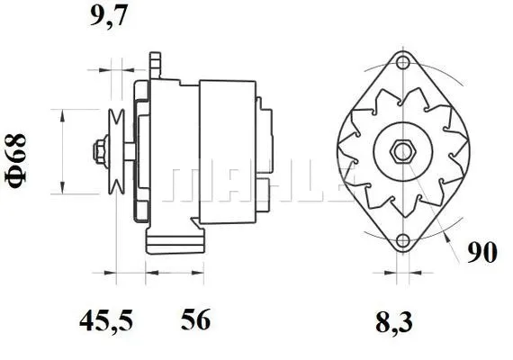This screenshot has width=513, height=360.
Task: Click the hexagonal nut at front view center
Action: coord(400,151)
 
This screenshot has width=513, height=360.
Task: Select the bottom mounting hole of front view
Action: coord(403,239)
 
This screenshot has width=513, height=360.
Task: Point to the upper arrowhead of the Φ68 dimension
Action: coord(61,113)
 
